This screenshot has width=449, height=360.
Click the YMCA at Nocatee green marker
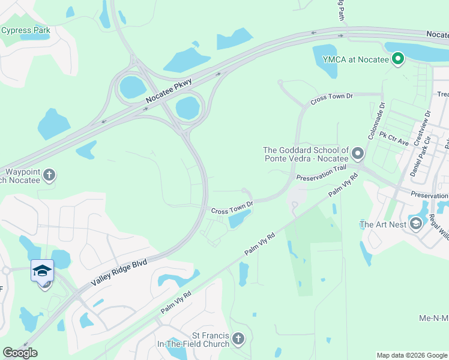pos(397,58)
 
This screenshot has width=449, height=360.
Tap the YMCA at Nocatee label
pos(356,59)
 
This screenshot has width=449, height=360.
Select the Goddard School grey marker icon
pos(358,154)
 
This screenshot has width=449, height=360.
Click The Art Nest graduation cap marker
pos(415,224)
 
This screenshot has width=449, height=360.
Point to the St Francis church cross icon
pos(238,340)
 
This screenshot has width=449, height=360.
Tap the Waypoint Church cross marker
pos(49,175)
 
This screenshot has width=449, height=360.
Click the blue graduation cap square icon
pos(42,271)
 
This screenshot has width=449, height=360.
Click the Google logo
pos(20,353)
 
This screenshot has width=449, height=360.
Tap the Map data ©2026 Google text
pos(411,355)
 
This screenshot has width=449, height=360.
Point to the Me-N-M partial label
pos(433,317)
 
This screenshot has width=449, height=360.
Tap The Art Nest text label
pos(384,225)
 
